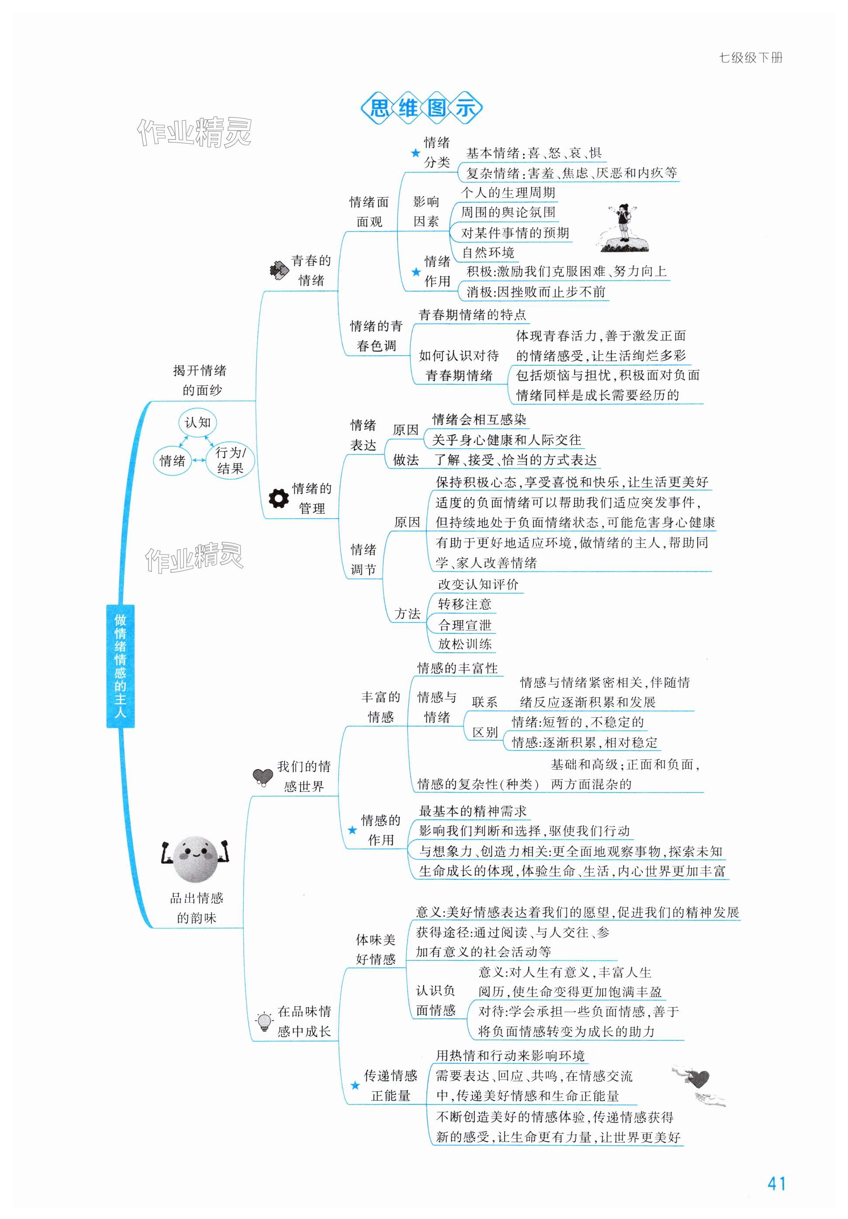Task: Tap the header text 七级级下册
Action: click(750, 58)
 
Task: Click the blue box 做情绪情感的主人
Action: click(120, 665)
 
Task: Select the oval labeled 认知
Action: click(197, 422)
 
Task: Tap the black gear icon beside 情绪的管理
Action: click(279, 498)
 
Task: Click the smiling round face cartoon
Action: click(195, 858)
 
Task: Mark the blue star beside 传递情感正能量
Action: click(355, 1085)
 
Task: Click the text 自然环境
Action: click(488, 252)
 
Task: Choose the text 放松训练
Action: click(464, 644)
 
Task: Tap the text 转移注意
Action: click(464, 604)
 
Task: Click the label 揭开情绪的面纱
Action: click(200, 380)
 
